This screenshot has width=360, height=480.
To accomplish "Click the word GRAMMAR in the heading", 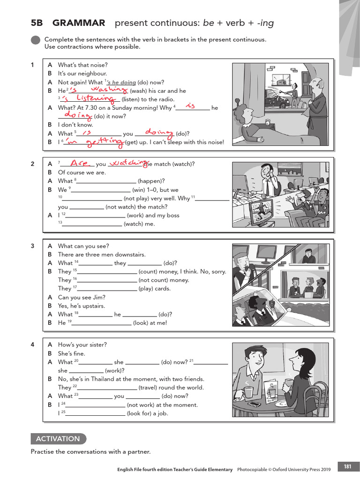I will pos(79,23).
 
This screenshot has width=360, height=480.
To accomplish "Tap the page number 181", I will pos(347,466).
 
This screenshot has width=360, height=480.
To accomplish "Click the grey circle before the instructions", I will pos(35,41).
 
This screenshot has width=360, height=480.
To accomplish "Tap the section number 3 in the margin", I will pos(33,246).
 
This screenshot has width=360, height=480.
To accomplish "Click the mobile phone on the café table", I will pos(254,404).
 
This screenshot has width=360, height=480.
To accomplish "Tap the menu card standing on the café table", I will pos(271,391).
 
